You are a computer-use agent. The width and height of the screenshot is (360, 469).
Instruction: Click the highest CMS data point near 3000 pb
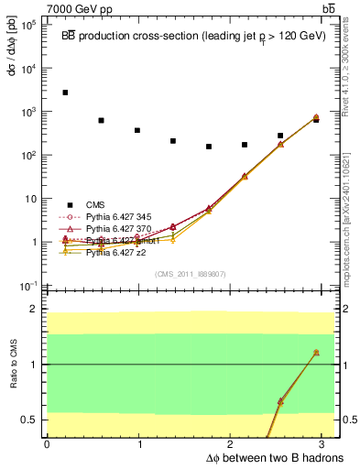(65, 93)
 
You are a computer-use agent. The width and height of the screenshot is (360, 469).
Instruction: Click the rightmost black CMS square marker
(316, 120)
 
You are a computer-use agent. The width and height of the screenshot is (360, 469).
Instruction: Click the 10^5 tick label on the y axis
(27, 25)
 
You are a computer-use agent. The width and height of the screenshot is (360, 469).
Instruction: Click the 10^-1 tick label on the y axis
(27, 286)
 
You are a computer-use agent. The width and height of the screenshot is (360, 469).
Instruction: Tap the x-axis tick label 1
(140, 444)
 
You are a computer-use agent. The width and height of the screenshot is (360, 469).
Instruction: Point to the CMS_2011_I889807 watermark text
(191, 274)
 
